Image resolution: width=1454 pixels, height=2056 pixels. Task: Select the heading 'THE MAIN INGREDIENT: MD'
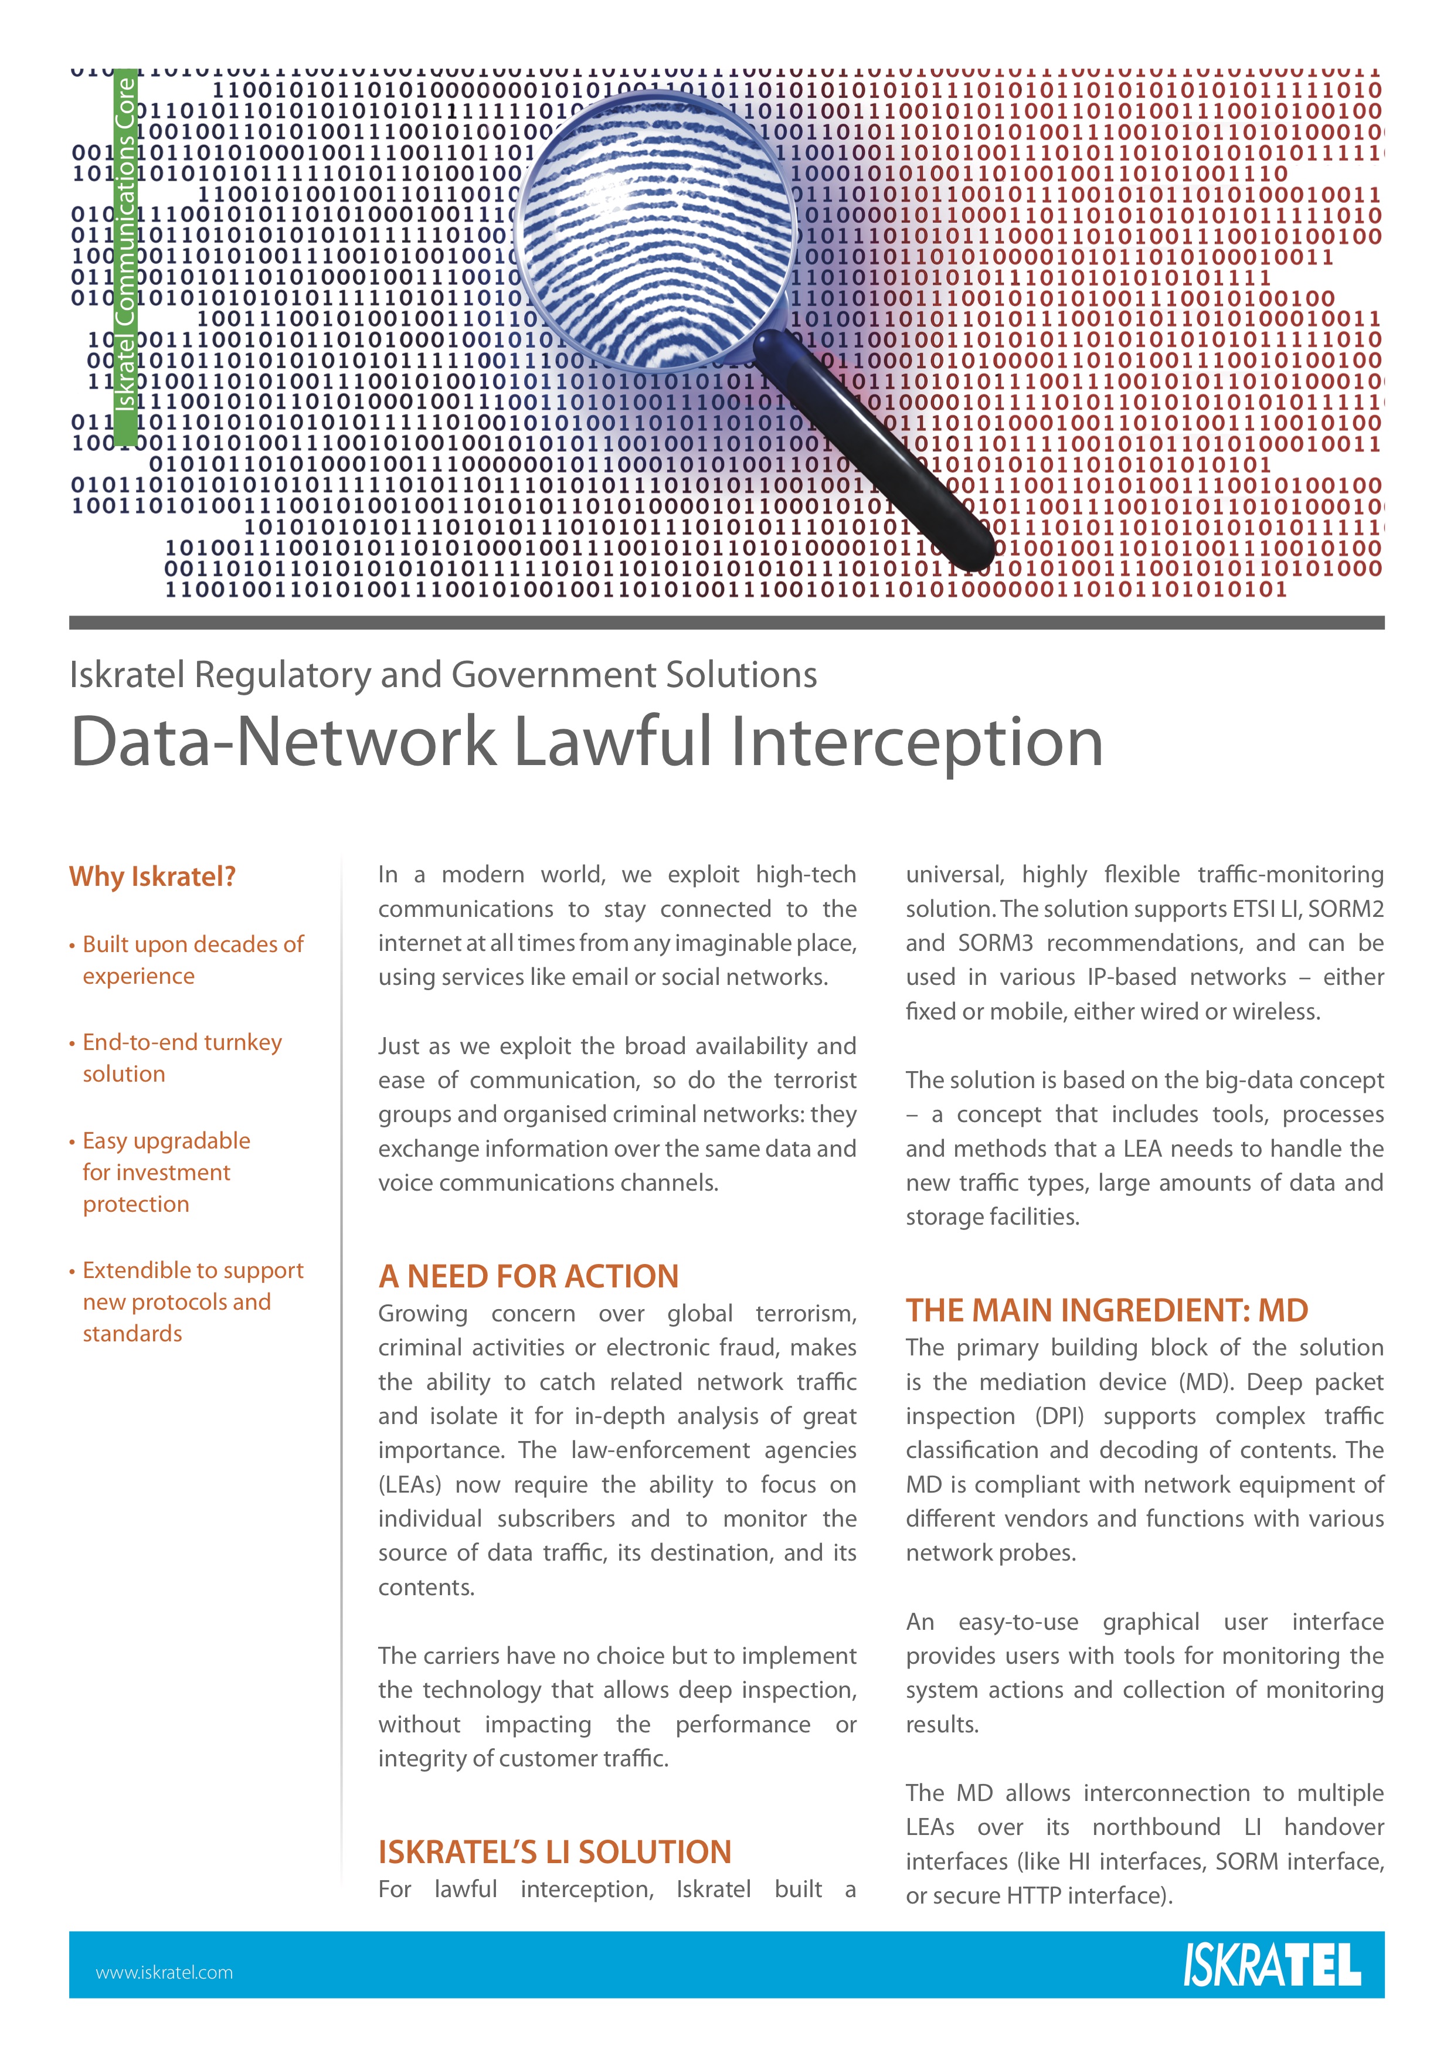pos(1106,1310)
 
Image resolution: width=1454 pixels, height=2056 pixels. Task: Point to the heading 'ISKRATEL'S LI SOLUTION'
pos(554,1851)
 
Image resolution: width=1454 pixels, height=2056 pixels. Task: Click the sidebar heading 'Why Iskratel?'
pos(152,876)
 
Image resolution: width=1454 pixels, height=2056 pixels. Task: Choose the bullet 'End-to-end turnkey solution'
pos(182,1058)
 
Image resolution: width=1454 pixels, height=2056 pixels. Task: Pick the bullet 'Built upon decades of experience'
pos(192,959)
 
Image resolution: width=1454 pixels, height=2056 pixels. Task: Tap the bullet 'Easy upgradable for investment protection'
pos(166,1171)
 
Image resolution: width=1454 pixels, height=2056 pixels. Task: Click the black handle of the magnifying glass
pos(873,451)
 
